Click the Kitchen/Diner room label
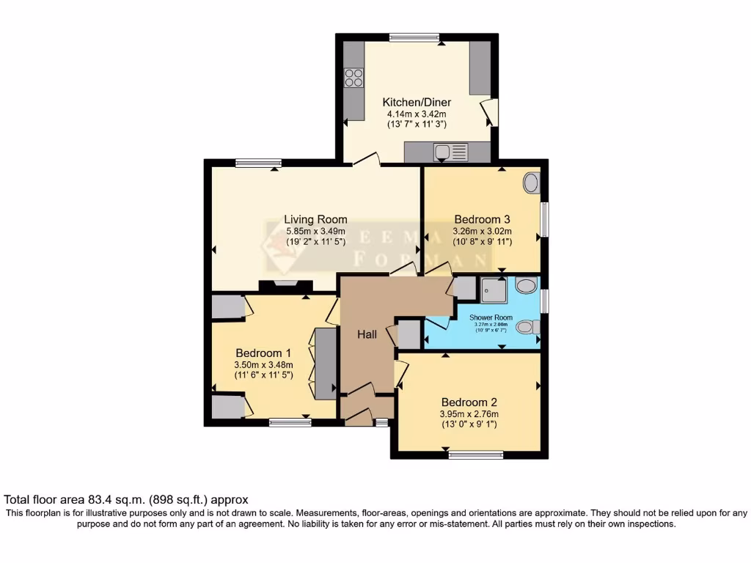(417, 102)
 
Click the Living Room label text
(315, 219)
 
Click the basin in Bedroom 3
(532, 183)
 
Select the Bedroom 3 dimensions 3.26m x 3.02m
(482, 231)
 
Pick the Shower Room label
(491, 317)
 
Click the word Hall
(367, 334)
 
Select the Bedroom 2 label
(469, 402)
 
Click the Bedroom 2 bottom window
(471, 455)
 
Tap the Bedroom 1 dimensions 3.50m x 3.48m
(263, 365)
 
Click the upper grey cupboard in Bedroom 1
(227, 307)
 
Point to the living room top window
(258, 163)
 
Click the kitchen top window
(414, 37)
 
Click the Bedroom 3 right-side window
(544, 218)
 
